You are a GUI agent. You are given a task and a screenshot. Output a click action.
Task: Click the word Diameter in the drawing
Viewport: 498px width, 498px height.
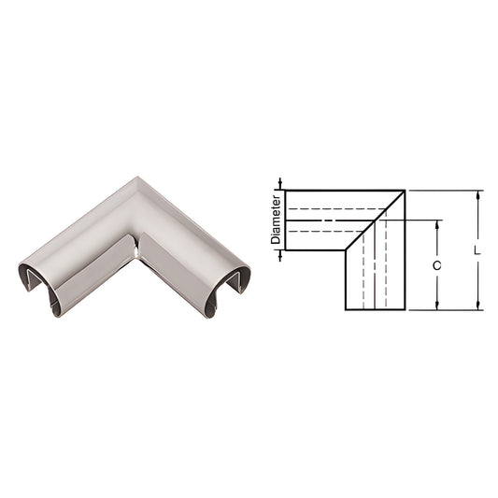pos(276,221)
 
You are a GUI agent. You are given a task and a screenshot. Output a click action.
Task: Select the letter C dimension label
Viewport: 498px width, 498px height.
pos(436,265)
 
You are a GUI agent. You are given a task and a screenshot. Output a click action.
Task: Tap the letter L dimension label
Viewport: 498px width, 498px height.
pos(477,250)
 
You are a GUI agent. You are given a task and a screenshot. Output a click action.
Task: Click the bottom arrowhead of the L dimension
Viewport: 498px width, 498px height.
pos(477,306)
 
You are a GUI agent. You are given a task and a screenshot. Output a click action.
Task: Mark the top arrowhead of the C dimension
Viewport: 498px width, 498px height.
pos(436,225)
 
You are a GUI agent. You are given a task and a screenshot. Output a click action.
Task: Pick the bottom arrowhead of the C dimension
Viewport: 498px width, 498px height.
pos(436,306)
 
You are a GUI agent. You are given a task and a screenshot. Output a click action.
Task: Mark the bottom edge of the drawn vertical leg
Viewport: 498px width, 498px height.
pos(376,309)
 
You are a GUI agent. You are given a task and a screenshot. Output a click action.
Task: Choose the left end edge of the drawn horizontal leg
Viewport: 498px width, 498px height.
pos(284,221)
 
